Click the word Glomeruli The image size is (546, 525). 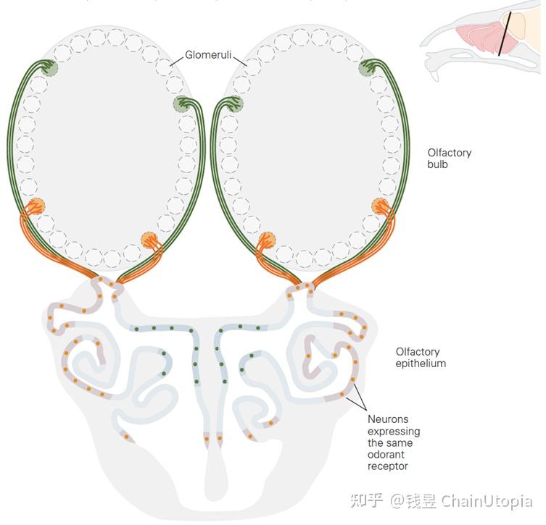(x=208, y=54)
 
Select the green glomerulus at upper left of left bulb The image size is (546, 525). (x=49, y=67)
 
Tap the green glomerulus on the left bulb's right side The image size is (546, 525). (x=181, y=104)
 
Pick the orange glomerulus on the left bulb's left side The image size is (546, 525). (x=36, y=206)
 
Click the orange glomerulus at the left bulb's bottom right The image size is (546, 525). (x=149, y=240)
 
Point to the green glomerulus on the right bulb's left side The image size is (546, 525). (x=235, y=104)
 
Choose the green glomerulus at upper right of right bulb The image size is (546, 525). (x=368, y=67)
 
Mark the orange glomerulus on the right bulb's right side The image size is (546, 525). (x=380, y=206)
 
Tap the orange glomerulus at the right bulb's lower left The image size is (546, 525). (x=267, y=240)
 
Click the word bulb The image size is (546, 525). (x=437, y=164)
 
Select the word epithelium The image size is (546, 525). (x=421, y=364)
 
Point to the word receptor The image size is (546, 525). (x=387, y=466)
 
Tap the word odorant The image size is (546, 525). (x=386, y=455)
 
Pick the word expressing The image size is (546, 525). (x=394, y=432)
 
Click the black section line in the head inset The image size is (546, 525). (x=505, y=34)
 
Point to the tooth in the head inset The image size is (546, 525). (x=434, y=75)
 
